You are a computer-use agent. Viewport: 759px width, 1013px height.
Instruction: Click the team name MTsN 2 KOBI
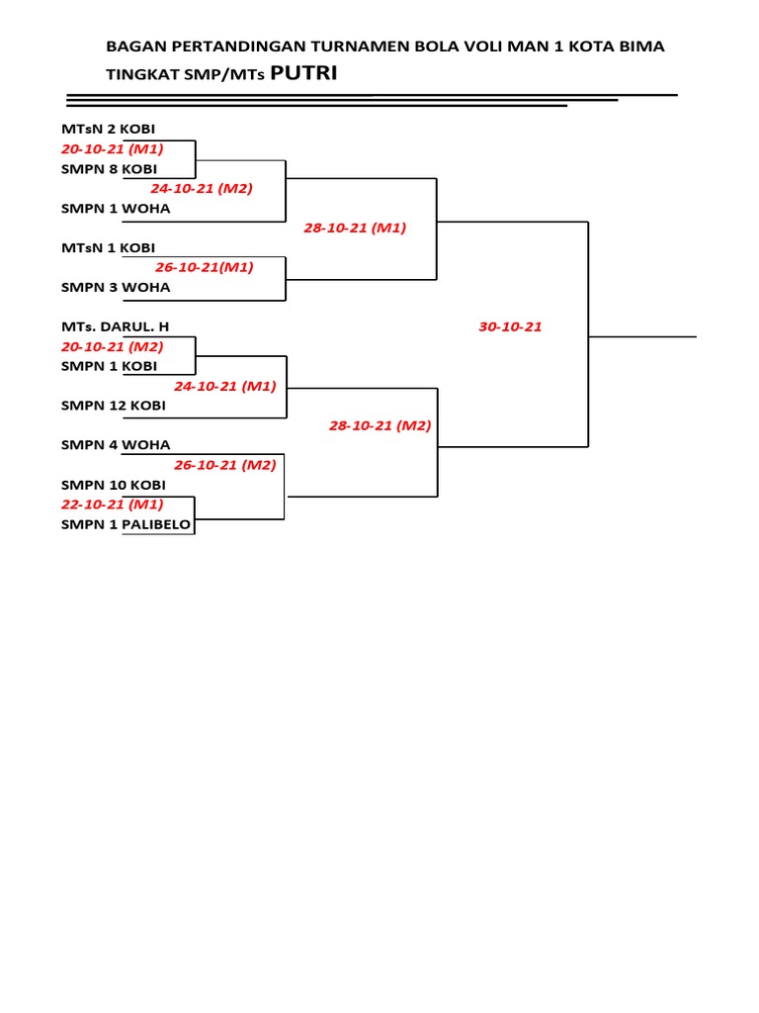pos(108,130)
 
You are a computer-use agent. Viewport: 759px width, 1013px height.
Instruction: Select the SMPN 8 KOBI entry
pos(109,169)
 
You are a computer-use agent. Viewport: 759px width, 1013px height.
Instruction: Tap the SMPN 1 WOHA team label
pos(116,209)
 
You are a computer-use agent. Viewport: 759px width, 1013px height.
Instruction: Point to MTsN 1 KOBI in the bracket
pos(108,248)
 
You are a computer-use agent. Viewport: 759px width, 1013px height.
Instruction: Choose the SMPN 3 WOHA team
pos(116,288)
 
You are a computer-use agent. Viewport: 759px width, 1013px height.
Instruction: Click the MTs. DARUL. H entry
pos(115,326)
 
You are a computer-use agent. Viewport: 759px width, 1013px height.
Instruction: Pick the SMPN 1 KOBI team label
pos(109,366)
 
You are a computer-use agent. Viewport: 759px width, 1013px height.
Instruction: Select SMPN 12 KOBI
pos(113,406)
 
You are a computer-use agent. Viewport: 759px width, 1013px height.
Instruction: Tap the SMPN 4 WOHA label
pos(116,445)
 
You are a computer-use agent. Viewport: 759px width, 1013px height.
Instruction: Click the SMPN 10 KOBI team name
pos(113,485)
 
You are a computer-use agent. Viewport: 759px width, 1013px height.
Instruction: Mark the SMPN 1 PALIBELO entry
pos(126,524)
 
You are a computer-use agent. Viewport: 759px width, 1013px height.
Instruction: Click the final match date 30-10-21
pos(510,326)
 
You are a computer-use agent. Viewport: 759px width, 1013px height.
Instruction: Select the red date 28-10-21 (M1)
pos(355,229)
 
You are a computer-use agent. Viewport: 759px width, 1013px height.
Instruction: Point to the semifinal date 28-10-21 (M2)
pos(380,425)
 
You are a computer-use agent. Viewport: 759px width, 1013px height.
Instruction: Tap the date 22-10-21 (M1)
pos(113,505)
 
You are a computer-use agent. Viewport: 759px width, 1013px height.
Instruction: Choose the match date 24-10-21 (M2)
pos(202,189)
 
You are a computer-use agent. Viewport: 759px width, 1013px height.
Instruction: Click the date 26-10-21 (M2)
pos(225,465)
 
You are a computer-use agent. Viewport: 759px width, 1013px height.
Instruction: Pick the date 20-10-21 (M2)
pos(113,347)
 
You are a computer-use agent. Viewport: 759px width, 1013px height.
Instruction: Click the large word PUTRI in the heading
pos(303,73)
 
